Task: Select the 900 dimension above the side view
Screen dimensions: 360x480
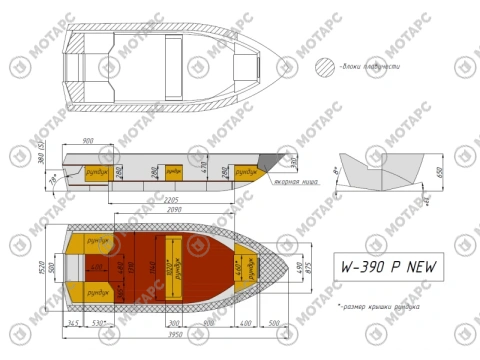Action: (x=87, y=141)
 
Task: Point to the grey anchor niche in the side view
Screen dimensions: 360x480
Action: (x=273, y=160)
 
